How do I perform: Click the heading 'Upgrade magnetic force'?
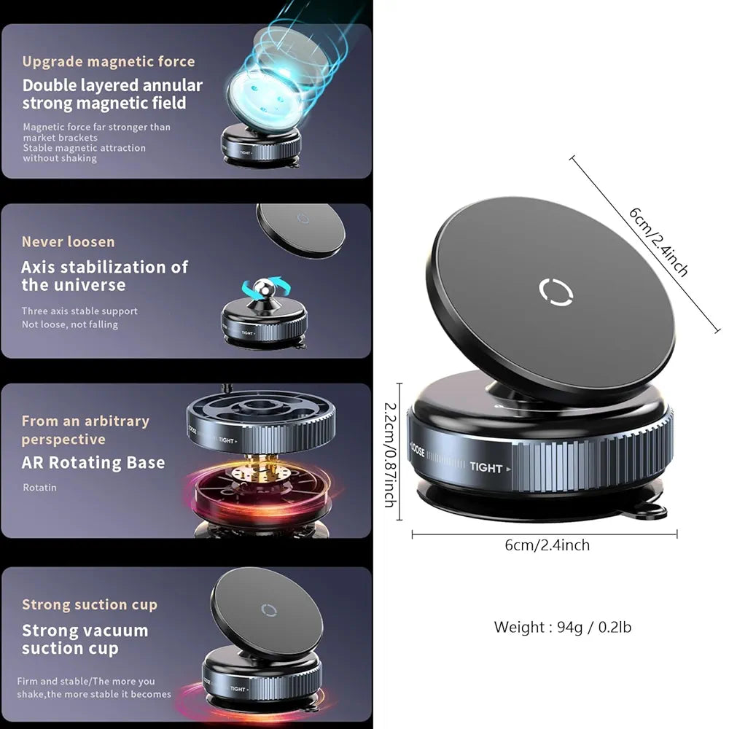109,61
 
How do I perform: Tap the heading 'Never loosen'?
68,242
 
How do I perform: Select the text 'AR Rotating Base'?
93,463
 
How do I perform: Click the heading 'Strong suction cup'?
90,604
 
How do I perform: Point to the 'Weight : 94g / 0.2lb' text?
563,627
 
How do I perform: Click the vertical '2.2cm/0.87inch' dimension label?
391,454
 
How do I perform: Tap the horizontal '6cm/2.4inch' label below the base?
547,545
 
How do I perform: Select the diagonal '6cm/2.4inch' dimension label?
658,242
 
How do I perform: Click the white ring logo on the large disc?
555,292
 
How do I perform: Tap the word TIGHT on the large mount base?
486,467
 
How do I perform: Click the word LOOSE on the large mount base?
418,451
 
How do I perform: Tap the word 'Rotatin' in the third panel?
39,488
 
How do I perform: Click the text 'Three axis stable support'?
79,311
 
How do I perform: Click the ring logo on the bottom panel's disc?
269,610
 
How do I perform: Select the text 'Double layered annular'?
112,85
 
